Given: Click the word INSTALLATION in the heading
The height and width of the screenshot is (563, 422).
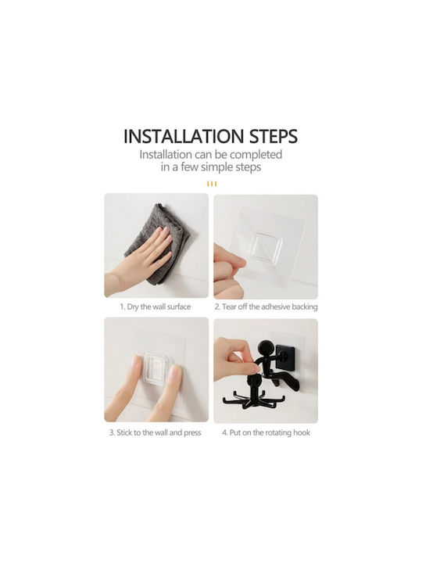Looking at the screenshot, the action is click(184, 136).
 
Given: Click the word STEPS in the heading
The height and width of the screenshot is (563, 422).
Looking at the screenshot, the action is click(274, 136).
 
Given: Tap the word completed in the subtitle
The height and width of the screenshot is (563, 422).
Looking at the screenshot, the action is click(256, 155).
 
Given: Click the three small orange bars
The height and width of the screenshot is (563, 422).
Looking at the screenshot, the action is click(212, 185).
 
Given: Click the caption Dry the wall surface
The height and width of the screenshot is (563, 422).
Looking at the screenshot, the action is click(155, 307).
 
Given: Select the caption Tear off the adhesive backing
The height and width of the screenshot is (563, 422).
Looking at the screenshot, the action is click(266, 307).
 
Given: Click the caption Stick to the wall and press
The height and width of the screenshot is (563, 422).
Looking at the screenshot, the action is click(155, 432).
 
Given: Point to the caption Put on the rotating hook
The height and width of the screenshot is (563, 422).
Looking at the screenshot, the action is click(266, 432).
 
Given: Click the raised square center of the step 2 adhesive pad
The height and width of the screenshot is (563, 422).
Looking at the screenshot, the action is click(266, 246).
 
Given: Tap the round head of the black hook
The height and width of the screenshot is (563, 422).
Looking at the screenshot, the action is click(266, 349).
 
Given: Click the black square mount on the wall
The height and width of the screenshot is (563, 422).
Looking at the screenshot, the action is click(286, 358).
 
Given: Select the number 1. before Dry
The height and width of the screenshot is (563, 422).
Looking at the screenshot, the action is click(123, 307).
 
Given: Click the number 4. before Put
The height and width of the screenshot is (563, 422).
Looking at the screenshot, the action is click(224, 432).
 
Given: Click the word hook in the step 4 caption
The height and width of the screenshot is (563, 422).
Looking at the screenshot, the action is click(302, 432).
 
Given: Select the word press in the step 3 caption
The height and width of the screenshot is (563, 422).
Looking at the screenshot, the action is click(192, 433).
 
